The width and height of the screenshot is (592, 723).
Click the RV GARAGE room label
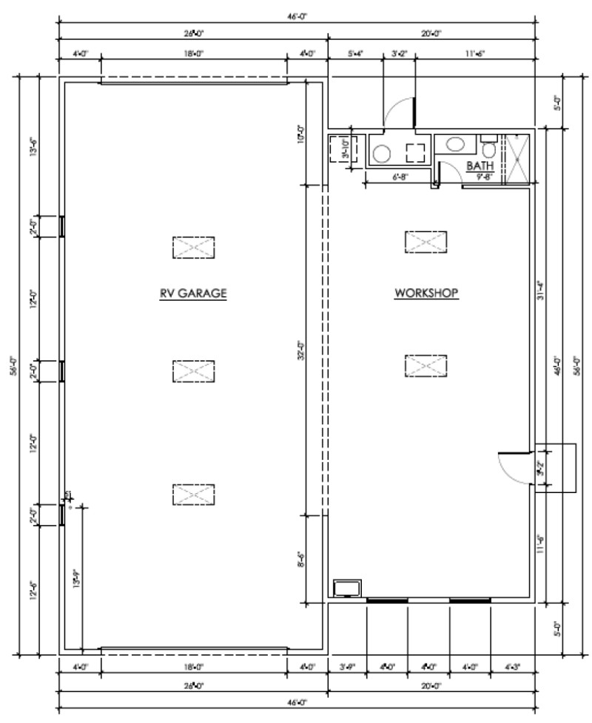(x=192, y=293)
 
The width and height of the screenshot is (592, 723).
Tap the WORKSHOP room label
(x=426, y=293)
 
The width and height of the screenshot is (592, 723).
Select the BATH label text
(x=480, y=166)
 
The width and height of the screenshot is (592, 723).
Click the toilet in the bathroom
(x=489, y=147)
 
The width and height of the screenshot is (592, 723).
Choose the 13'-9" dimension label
(x=75, y=577)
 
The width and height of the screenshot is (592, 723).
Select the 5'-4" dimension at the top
(x=355, y=54)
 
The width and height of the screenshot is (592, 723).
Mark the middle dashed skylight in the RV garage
(x=194, y=370)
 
